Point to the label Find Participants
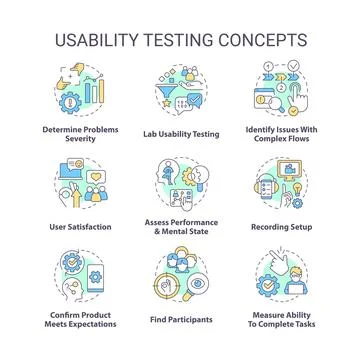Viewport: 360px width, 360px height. pyautogui.click(x=180, y=320)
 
